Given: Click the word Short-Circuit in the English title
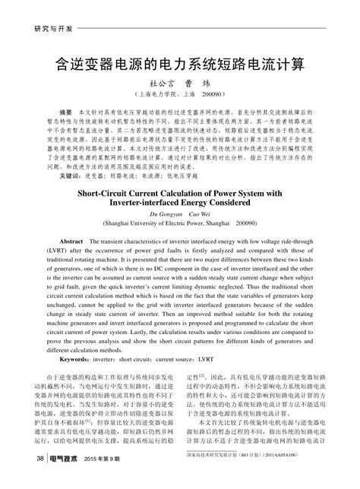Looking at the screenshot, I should (116, 194).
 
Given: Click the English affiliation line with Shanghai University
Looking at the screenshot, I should (180, 226).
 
